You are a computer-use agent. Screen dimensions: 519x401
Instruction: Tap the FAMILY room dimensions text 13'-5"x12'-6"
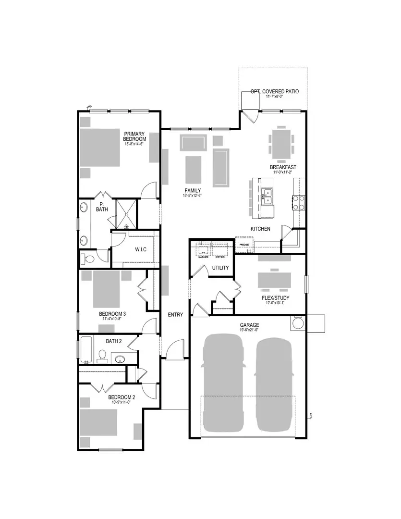(192, 196)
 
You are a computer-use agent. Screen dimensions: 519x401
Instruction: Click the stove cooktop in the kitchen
(299, 202)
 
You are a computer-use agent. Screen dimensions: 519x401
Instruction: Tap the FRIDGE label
(243, 245)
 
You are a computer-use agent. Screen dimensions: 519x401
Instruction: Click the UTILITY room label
(220, 268)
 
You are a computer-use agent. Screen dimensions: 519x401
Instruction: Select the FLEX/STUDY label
(276, 297)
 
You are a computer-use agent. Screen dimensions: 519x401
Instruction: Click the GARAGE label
(249, 324)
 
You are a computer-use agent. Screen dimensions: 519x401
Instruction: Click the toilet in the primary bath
(88, 259)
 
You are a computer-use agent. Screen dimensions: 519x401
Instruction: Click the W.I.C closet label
(141, 249)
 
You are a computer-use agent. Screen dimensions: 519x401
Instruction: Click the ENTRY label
(175, 315)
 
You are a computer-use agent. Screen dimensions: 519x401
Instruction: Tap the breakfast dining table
(280, 143)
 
